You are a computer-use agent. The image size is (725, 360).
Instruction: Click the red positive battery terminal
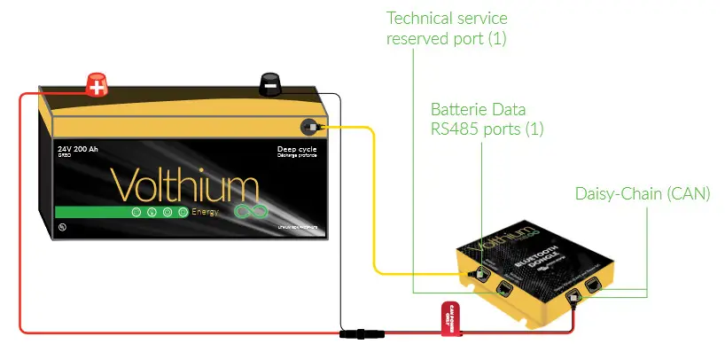click(96, 85)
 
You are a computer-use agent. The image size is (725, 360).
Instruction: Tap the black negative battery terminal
click(269, 84)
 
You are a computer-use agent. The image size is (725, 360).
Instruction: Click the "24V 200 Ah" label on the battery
click(79, 149)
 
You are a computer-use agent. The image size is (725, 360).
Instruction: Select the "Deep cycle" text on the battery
click(296, 149)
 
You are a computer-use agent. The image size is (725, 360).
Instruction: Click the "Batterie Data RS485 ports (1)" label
click(487, 120)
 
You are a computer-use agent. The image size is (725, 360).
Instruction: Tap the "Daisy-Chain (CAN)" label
click(643, 193)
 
